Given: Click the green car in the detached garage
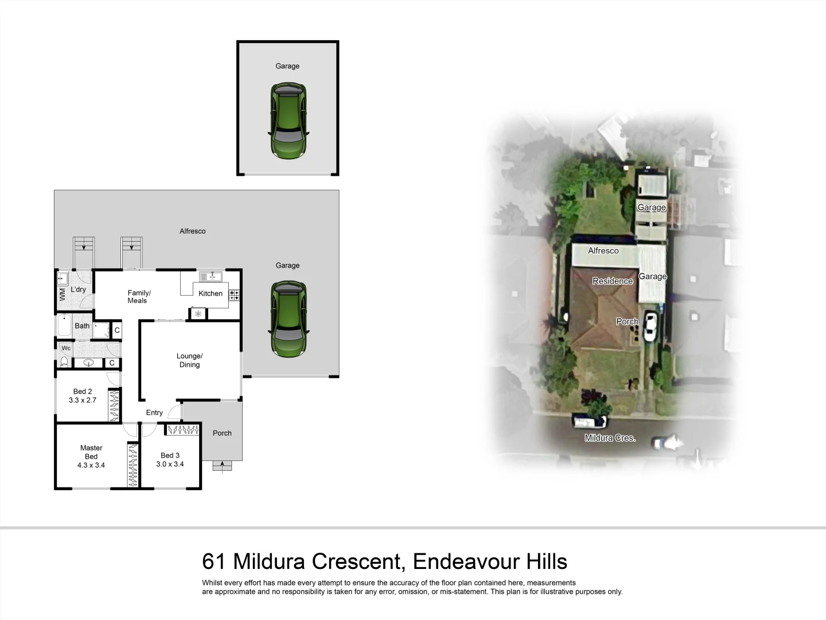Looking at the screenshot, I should [x=288, y=121].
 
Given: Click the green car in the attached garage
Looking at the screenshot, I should [x=288, y=319].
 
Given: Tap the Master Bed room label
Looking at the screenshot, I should [x=91, y=456].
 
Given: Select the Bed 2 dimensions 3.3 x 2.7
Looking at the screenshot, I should [x=83, y=401].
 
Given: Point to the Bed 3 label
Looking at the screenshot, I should [x=170, y=455].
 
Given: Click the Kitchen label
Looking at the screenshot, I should [x=211, y=293].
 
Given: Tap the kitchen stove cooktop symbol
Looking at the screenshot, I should [x=234, y=296].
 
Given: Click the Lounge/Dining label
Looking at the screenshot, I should [x=189, y=360].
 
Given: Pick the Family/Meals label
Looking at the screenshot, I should [x=138, y=297].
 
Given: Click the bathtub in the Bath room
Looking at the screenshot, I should [x=64, y=326].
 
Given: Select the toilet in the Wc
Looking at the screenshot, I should [x=64, y=362].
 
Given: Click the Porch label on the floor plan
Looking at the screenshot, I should [x=222, y=433].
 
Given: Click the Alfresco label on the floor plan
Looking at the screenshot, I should [x=192, y=231].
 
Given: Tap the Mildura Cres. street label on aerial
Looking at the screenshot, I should [x=610, y=438].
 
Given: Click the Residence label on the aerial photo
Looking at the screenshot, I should [x=612, y=281].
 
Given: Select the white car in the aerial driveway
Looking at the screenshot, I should [x=650, y=326].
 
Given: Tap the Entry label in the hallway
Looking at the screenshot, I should [x=154, y=413].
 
